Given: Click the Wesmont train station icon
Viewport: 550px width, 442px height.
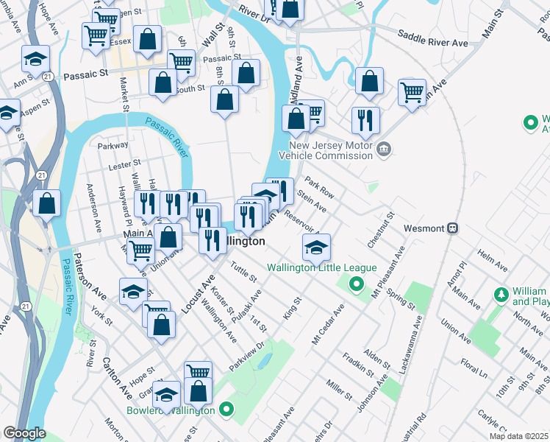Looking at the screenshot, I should tap(453, 228).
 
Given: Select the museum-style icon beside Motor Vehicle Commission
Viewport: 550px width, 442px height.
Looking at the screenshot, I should tap(383, 150).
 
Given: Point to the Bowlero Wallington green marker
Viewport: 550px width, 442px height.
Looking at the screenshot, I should tap(227, 410).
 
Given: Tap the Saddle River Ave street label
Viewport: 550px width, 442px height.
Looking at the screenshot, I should tap(432, 38).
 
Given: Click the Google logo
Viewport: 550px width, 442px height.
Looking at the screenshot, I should tap(24, 432).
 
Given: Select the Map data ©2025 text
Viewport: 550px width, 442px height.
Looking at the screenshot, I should tap(518, 436).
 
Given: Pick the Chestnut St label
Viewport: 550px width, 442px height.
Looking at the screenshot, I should tap(382, 229).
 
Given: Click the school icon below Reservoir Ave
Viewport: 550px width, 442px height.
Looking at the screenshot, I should tap(316, 248).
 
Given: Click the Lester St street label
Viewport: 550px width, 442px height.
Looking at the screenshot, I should tap(124, 166).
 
